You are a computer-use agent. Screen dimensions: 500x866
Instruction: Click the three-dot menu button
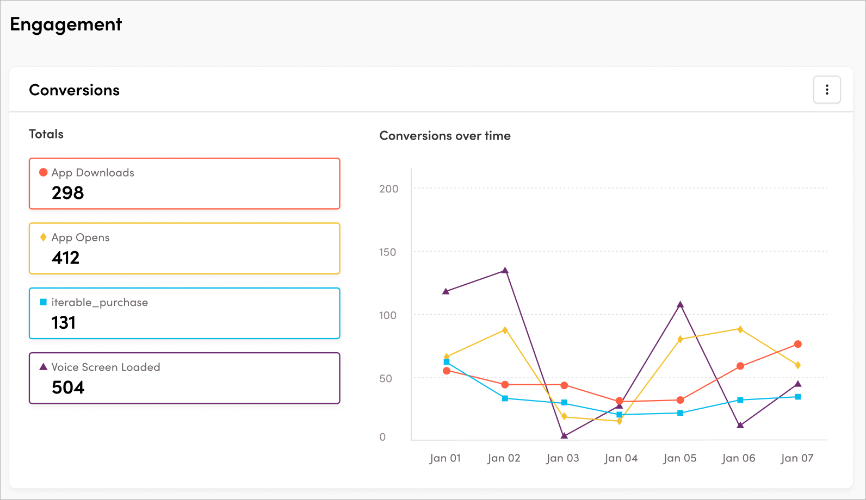[x=827, y=90]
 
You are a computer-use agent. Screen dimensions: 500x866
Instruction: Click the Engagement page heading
[x=66, y=24]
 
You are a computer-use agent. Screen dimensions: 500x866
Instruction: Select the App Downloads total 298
[x=68, y=193]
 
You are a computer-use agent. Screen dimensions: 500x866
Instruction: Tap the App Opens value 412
[x=66, y=258]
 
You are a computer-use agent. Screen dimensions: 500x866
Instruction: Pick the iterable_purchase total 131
[x=64, y=323]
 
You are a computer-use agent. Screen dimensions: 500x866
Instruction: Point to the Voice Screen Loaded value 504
[x=68, y=387]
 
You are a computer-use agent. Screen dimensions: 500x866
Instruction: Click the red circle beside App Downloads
[x=44, y=172]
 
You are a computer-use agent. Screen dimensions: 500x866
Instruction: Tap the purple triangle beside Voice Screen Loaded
[x=44, y=367]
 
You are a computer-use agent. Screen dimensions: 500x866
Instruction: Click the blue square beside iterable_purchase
[x=44, y=302]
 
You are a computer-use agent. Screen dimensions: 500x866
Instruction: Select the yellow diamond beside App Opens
[x=44, y=237]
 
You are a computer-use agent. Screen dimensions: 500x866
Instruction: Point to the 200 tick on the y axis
[x=388, y=189]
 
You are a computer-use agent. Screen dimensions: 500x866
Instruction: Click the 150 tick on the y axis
[x=387, y=252]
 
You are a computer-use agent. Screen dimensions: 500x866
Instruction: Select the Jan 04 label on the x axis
[x=621, y=458]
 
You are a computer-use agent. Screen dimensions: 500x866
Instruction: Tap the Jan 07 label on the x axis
[x=797, y=458]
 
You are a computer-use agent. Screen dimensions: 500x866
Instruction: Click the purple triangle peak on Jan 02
[x=505, y=270]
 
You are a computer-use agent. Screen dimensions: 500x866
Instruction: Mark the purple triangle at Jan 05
[x=680, y=305]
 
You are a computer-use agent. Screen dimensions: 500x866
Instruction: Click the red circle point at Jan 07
[x=798, y=344]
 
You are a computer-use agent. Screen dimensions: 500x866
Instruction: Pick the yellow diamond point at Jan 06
[x=740, y=329]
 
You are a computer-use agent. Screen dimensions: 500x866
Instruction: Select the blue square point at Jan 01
[x=447, y=362]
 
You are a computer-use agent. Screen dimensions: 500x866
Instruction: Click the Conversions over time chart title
[x=445, y=136]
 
